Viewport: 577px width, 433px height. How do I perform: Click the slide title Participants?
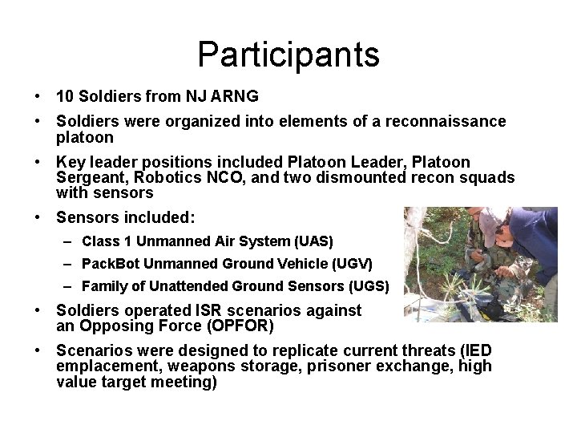288,55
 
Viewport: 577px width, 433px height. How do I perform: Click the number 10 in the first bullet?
66,96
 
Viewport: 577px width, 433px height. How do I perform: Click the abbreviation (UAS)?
313,241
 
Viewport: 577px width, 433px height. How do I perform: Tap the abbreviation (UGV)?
352,263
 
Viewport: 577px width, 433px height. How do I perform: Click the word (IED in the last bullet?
475,350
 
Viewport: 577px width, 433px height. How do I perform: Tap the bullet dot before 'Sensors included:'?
38,216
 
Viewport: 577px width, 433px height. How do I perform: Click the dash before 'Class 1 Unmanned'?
71,241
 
